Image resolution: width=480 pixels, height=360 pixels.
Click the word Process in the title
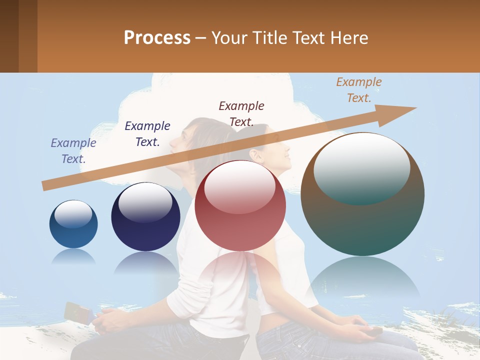point(157,38)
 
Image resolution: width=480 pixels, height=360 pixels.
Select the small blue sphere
point(73,224)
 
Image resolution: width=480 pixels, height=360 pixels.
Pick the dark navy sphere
point(145,217)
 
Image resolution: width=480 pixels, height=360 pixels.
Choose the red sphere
point(240,206)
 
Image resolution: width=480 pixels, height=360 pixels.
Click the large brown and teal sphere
point(362,194)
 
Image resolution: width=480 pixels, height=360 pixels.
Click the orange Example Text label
point(359,90)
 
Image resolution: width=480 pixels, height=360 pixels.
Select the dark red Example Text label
point(241,114)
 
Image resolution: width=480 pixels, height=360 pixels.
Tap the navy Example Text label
point(147,134)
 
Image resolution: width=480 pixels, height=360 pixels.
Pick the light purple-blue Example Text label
point(73,151)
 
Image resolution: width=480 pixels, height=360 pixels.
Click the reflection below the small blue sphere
point(73,257)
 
